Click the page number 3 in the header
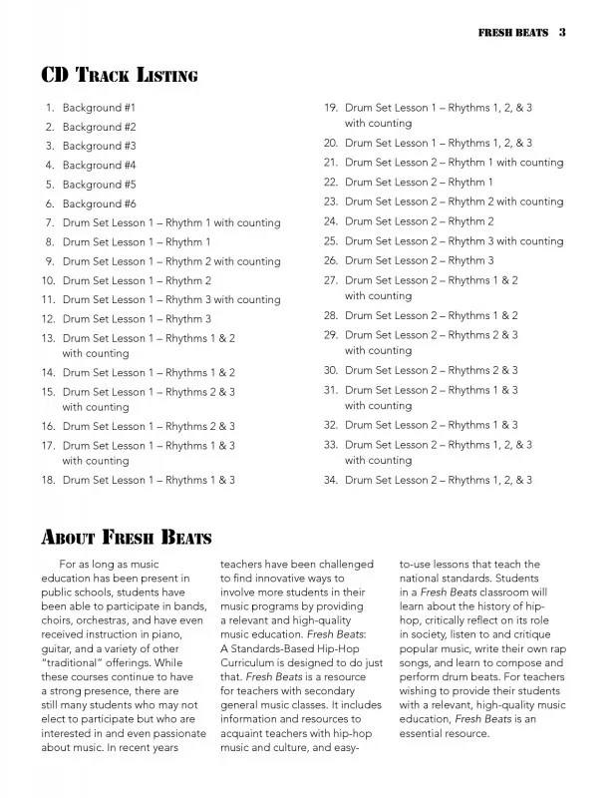pos(562,32)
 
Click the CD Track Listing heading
pos(119,75)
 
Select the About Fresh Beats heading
pos(126,538)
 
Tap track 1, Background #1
pos(100,107)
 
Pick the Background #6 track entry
pos(100,203)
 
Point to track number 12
pos(47,319)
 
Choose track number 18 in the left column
pos(47,480)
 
